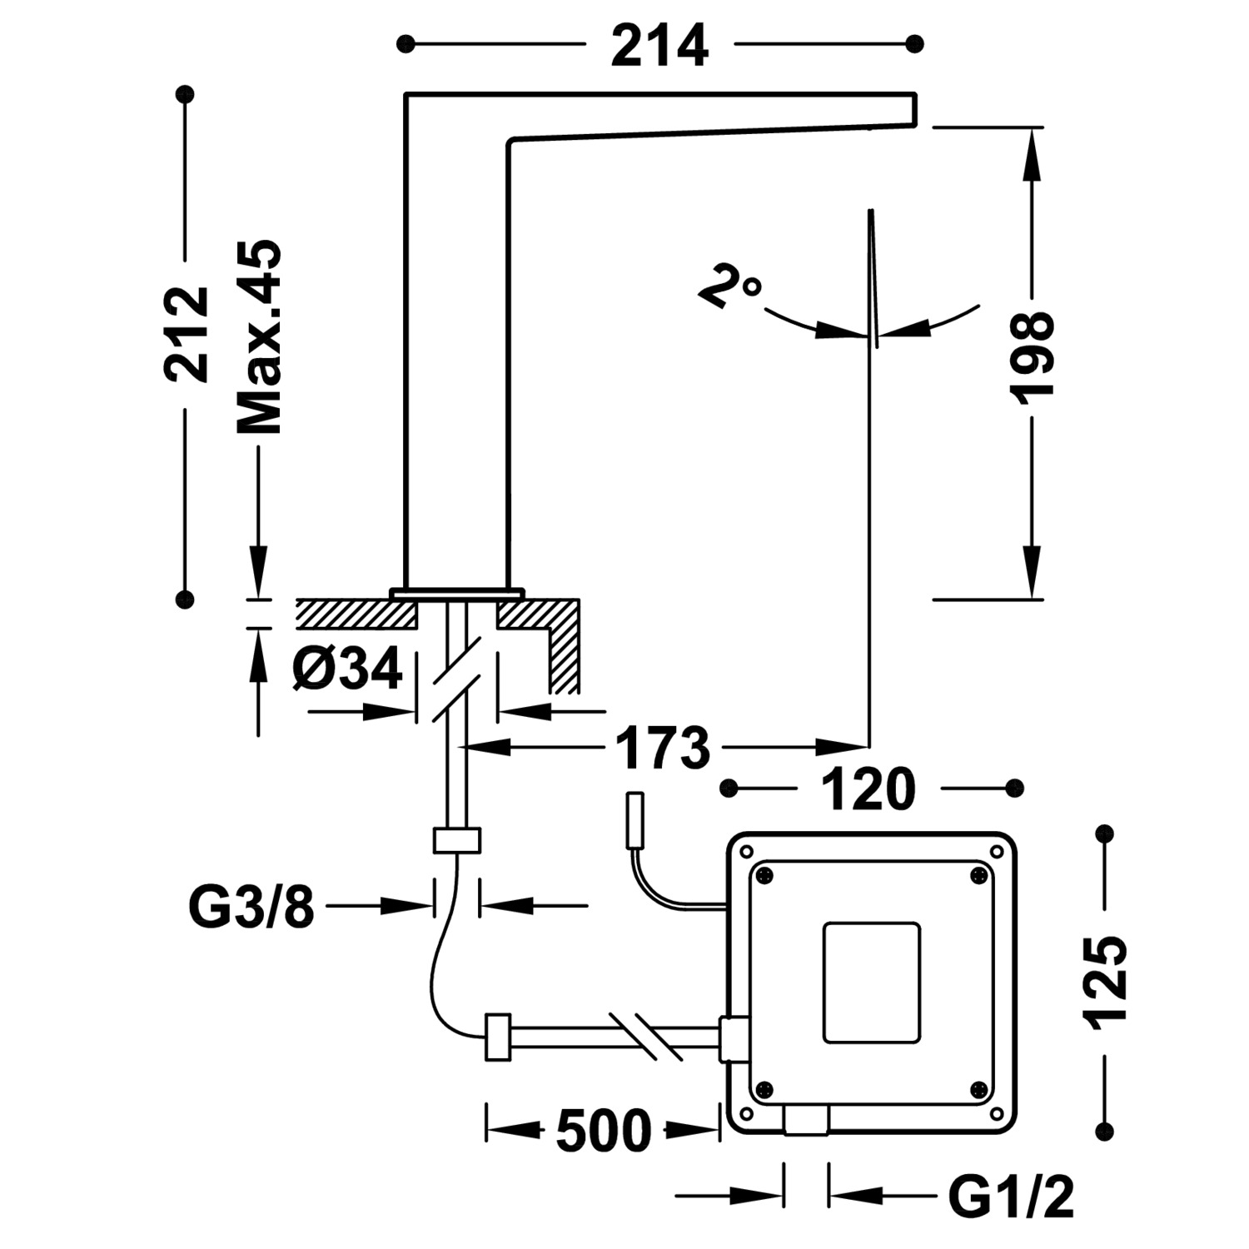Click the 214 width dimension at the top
659,45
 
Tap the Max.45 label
259,338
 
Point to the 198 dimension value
1033,358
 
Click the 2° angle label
729,286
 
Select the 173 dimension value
663,748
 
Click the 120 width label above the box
868,789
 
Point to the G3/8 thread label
252,906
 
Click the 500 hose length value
603,1131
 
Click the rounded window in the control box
872,983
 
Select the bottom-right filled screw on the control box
979,1089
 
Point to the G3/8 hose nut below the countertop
457,840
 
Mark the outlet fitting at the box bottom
806,1119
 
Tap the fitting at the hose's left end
497,1038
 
